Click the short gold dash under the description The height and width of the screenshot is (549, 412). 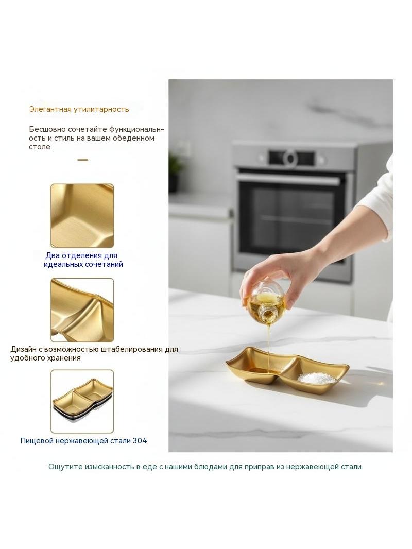[82, 160]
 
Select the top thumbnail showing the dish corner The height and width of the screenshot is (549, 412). [82, 216]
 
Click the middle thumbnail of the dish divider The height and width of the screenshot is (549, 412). [82, 310]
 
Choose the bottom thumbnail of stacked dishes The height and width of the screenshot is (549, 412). [82, 401]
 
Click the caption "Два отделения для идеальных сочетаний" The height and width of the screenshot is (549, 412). [83, 260]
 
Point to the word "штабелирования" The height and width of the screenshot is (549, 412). [132, 349]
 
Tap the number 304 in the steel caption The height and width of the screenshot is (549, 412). [140, 441]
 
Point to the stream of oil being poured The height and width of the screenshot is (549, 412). [268, 347]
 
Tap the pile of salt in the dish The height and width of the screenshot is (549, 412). [316, 378]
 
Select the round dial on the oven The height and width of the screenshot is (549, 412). [290, 158]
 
